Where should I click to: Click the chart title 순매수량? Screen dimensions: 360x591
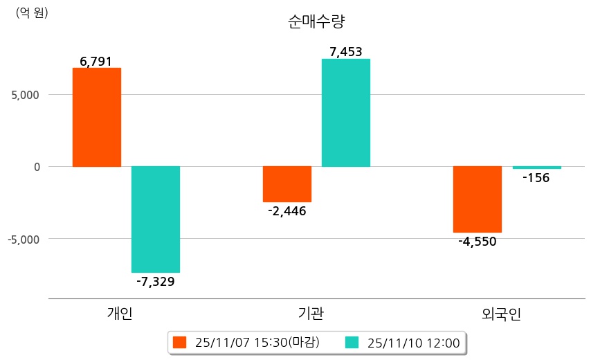316,21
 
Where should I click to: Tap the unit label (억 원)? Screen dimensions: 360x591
32,12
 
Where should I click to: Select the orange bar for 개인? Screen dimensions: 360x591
97,117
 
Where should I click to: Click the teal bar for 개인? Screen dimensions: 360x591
156,219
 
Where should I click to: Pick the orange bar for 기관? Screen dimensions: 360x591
287,184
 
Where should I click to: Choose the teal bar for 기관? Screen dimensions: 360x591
346,113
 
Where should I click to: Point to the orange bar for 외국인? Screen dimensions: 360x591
478,199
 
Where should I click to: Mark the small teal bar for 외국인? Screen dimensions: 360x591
536,168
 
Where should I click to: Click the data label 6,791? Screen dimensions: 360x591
96,62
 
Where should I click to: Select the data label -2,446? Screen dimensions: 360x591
287,211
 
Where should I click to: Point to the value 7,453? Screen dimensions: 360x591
346,52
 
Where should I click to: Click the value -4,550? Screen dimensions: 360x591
478,242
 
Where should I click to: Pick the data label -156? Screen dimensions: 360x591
536,178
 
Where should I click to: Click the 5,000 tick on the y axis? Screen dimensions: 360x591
26,94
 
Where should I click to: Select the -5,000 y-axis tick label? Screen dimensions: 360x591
24,239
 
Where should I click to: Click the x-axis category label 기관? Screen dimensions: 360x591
307,314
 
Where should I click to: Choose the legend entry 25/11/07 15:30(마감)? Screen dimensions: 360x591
247,342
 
